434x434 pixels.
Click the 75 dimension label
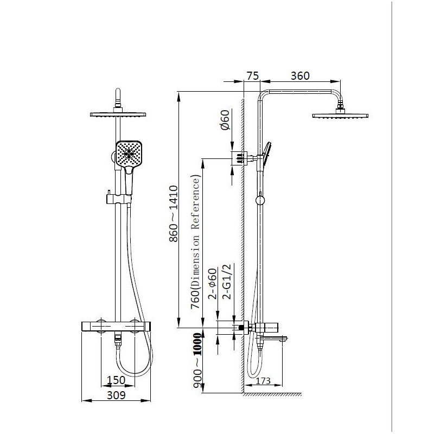252,76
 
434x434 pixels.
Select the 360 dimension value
300,76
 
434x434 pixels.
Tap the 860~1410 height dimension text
174,214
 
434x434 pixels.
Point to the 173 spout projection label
263,381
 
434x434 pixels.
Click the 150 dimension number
116,380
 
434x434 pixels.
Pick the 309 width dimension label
116,395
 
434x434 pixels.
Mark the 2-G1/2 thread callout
227,282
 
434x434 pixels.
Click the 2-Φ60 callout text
213,284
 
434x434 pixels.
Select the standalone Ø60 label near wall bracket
225,120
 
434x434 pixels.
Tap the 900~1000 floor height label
197,360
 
